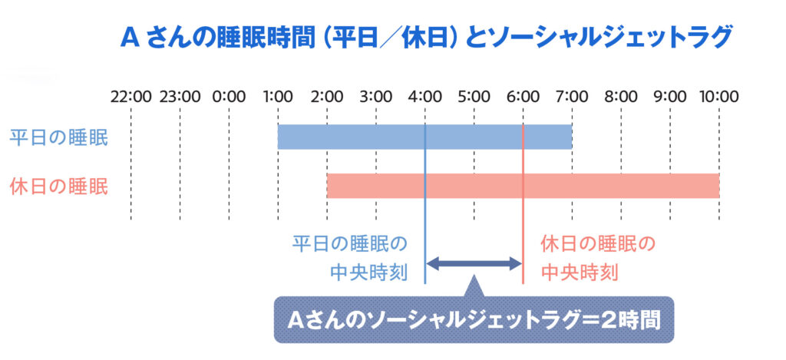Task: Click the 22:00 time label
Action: coord(130,96)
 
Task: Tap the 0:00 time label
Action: coord(229,96)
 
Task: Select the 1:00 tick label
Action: coord(278,96)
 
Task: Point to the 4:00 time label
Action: coord(425,96)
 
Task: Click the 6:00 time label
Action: coord(523,96)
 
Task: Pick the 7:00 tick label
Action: coord(572,96)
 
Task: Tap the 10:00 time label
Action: coord(718,96)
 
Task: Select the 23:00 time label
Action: coord(180,96)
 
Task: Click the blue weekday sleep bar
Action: coord(424,137)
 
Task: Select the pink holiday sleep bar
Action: coord(523,186)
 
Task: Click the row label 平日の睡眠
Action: coord(58,138)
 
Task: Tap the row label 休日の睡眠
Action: coord(58,187)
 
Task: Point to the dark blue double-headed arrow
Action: coord(474,263)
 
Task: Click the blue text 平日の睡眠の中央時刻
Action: coord(349,259)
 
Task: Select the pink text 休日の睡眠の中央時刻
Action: coord(598,259)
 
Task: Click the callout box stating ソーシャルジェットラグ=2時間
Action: coord(474,319)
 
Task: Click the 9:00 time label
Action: coord(670,96)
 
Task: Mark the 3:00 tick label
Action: coord(376,96)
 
